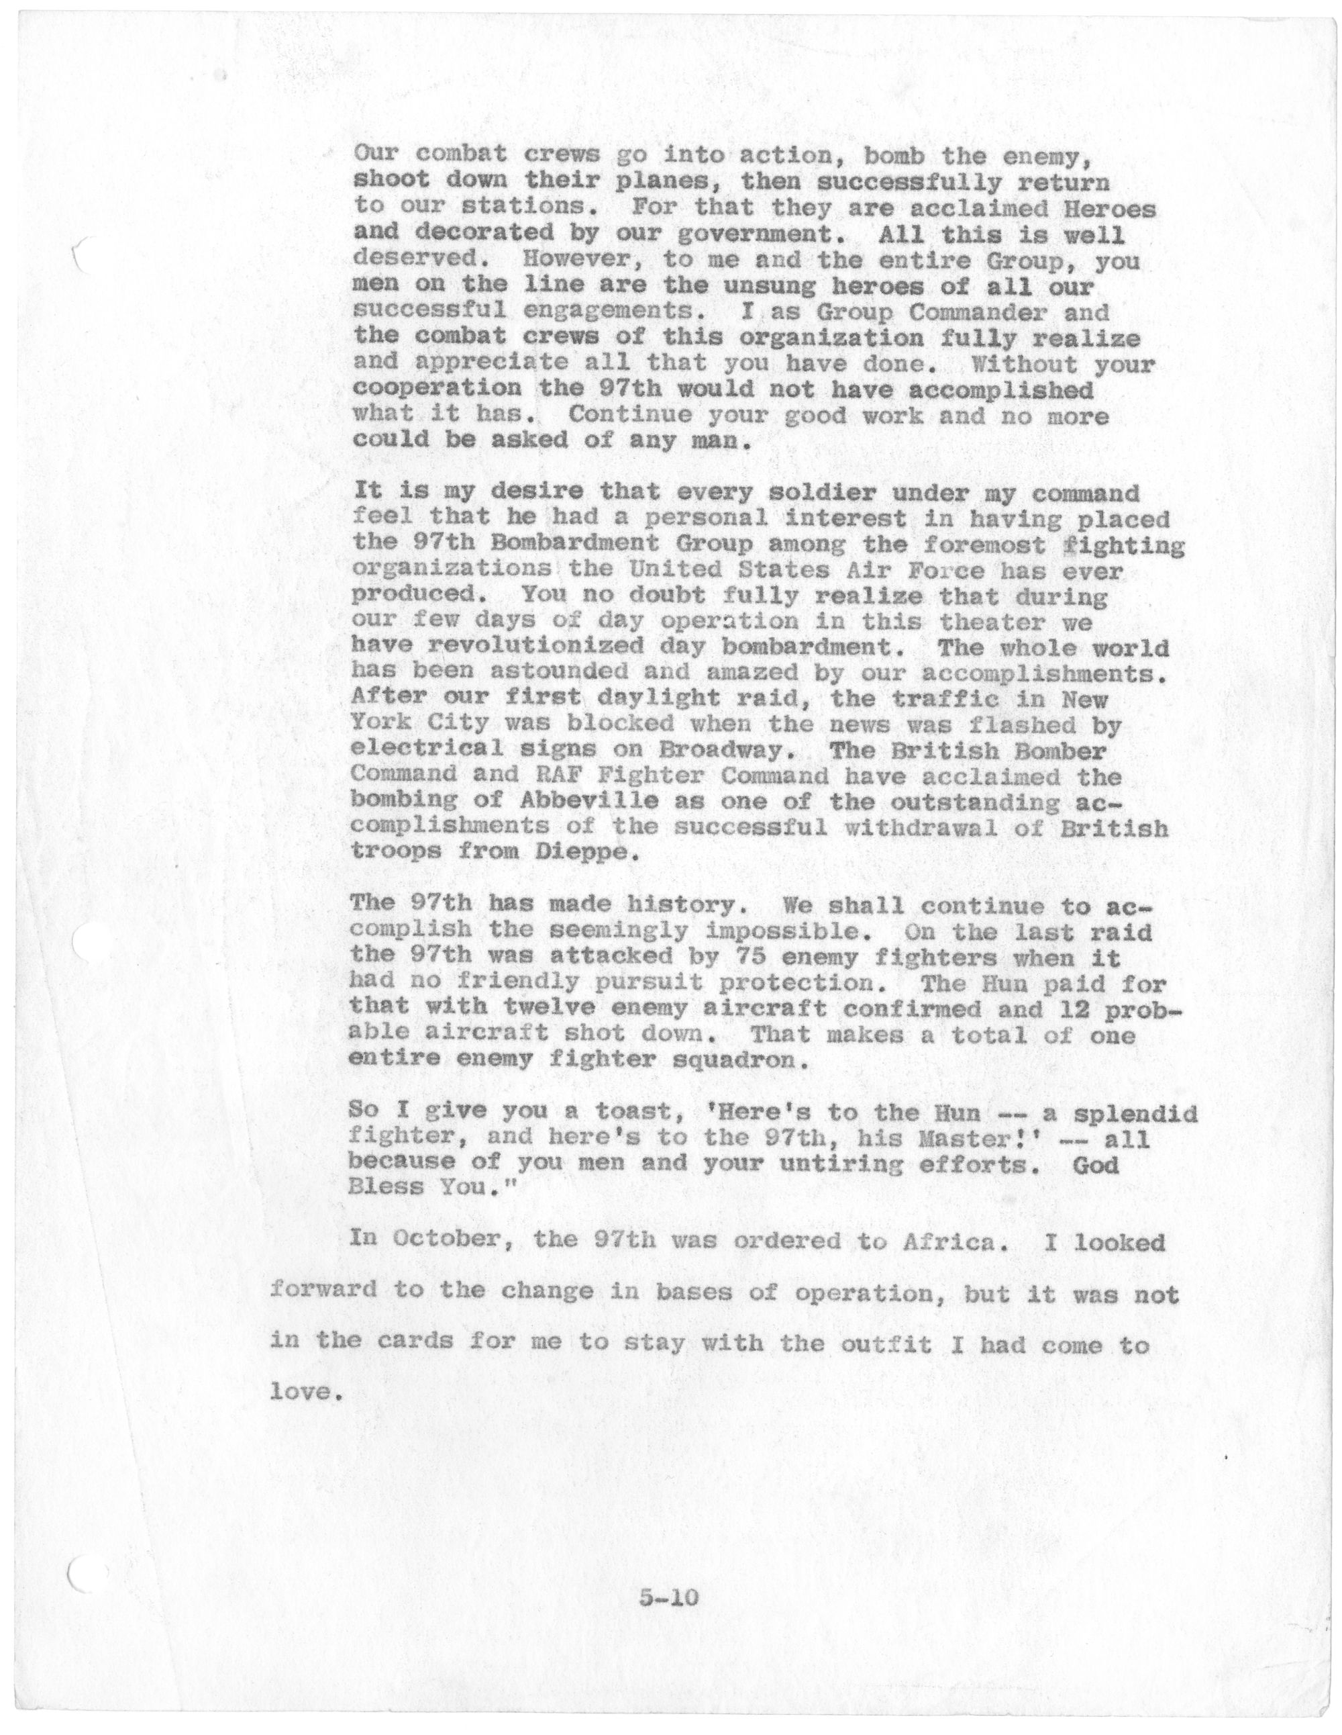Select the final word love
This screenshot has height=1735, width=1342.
tap(299, 1393)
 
